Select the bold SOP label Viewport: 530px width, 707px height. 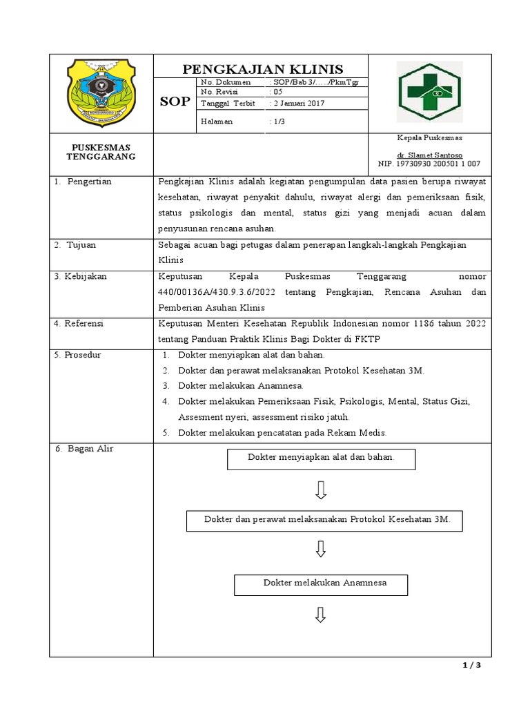pos(174,102)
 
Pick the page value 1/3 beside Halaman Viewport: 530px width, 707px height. pos(275,122)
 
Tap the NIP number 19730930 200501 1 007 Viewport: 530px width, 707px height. pos(429,164)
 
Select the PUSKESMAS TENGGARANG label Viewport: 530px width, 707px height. pos(101,152)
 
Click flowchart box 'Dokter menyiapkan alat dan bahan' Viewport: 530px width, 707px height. pos(321,458)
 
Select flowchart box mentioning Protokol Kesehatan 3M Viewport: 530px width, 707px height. pos(324,521)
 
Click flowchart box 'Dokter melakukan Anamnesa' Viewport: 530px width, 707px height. pos(321,584)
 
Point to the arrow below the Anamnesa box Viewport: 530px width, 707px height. pos(321,615)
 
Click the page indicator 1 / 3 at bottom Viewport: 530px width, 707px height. pos(471,666)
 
